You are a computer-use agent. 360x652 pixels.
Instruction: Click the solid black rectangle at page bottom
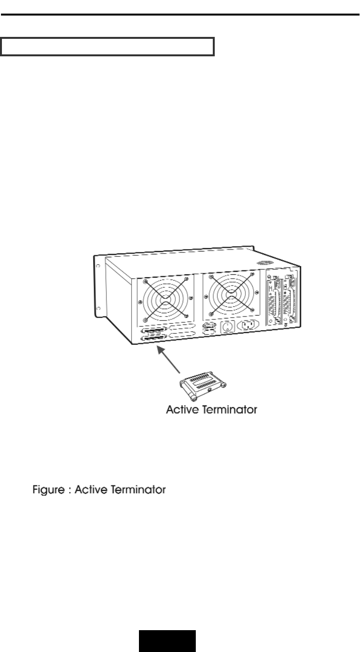point(168,641)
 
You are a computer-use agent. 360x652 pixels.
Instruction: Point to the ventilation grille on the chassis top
point(265,263)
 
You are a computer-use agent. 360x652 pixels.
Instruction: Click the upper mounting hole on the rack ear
point(98,267)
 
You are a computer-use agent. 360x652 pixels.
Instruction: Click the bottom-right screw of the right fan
point(253,310)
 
